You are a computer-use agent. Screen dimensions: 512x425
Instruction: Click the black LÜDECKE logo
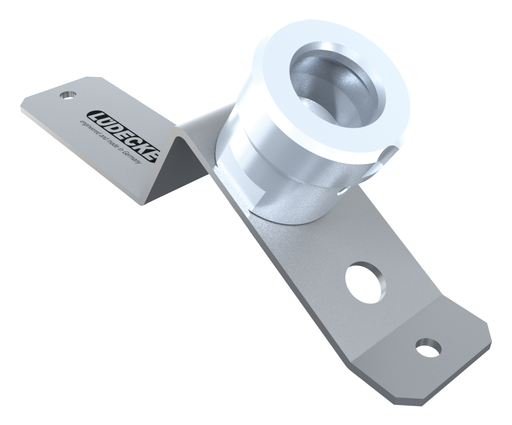click(x=122, y=135)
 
